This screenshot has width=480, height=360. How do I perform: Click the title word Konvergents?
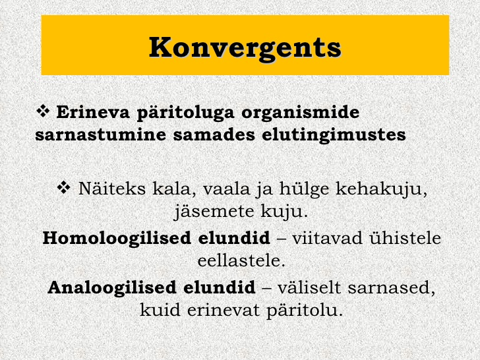245,47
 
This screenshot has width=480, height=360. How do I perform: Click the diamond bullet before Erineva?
43,111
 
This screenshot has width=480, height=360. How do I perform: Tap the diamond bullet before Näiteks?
64,187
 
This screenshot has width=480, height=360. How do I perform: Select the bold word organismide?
300,113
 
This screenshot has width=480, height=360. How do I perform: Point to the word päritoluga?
185,113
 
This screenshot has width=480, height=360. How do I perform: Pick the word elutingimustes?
334,135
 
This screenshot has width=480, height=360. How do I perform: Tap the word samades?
214,135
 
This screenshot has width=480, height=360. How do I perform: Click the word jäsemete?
214,212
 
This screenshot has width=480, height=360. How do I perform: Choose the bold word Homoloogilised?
117,239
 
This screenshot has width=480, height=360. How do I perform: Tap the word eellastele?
241,261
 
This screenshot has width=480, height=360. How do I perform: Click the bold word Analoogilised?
112,288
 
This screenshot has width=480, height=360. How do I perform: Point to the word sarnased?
391,288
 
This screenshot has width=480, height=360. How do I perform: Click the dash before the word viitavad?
281,239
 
